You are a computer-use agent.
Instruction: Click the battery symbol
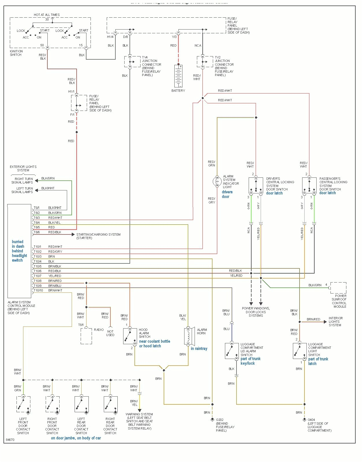[178, 76]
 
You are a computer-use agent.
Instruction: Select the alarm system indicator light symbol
[217, 181]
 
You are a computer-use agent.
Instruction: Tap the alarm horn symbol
[188, 336]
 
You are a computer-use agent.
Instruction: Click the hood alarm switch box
[130, 336]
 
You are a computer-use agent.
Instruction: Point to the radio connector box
[86, 336]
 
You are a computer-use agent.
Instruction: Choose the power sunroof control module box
[338, 288]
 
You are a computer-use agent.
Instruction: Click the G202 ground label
[219, 420]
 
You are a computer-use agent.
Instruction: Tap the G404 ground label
[311, 420]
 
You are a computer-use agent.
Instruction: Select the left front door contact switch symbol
[23, 404]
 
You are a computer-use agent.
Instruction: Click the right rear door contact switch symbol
[110, 404]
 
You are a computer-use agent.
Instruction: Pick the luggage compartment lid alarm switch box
[232, 351]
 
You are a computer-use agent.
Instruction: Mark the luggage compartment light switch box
[300, 351]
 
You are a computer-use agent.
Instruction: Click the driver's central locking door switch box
[256, 186]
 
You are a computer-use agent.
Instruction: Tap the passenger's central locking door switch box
[309, 186]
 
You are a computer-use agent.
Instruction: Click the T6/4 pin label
[37, 223]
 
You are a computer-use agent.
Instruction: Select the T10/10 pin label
[38, 290]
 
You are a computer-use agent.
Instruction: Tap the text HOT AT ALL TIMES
[47, 15]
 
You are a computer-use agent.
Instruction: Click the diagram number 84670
[10, 440]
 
